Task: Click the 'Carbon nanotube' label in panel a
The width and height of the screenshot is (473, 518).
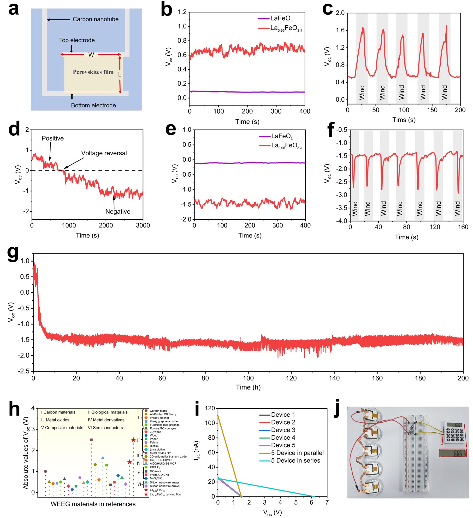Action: tap(95, 19)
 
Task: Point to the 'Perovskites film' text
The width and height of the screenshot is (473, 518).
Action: tap(93, 72)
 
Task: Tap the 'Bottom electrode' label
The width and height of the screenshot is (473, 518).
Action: tap(93, 105)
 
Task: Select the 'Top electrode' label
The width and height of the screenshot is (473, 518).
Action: tap(77, 40)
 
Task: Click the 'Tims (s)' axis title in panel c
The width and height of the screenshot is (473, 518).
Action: tap(404, 120)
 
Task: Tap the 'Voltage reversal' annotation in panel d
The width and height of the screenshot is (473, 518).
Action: tap(104, 153)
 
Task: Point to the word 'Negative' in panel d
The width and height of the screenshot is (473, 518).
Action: tap(118, 211)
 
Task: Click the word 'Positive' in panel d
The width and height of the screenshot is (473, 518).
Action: tap(53, 138)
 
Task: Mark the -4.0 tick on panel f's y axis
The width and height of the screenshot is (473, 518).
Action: tap(341, 221)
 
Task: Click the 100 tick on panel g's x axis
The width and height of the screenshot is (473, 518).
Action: tap(248, 378)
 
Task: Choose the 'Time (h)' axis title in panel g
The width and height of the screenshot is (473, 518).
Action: tap(248, 387)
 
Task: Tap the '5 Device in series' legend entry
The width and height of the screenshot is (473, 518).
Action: tap(295, 460)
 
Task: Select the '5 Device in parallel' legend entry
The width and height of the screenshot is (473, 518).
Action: tap(297, 453)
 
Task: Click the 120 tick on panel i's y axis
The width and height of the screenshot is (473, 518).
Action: tap(210, 408)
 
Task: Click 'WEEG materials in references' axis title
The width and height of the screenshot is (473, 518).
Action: tap(93, 504)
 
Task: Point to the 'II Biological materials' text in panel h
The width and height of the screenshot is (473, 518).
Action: tap(108, 412)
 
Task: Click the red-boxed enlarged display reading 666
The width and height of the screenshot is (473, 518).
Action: tap(453, 453)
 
